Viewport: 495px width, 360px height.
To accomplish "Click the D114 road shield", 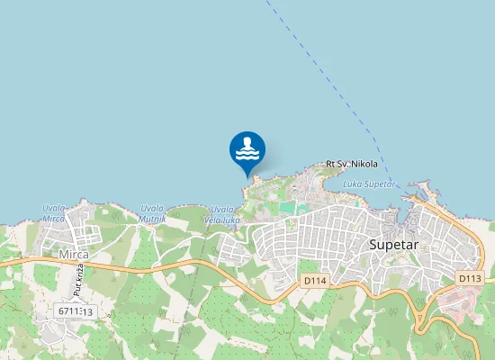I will [313, 282].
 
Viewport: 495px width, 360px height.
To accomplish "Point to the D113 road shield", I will [469, 278].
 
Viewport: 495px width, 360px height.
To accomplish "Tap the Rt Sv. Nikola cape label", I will [352, 164].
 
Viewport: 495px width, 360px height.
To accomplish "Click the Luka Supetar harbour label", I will [369, 184].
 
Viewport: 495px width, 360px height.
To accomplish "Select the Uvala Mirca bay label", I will [54, 213].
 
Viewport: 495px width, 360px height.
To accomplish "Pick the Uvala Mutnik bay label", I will [152, 213].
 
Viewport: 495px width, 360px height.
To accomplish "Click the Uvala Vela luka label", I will [222, 214].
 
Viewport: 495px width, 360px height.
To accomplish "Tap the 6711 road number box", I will [75, 310].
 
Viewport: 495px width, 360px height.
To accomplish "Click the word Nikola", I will [364, 164].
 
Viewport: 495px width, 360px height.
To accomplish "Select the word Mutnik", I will [152, 219].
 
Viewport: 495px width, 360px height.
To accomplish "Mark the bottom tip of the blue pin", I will [247, 175].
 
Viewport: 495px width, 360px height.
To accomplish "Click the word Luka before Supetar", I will [353, 184].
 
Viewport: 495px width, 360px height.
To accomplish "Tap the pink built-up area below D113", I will [459, 306].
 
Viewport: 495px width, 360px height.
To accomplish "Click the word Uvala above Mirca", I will [54, 208].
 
